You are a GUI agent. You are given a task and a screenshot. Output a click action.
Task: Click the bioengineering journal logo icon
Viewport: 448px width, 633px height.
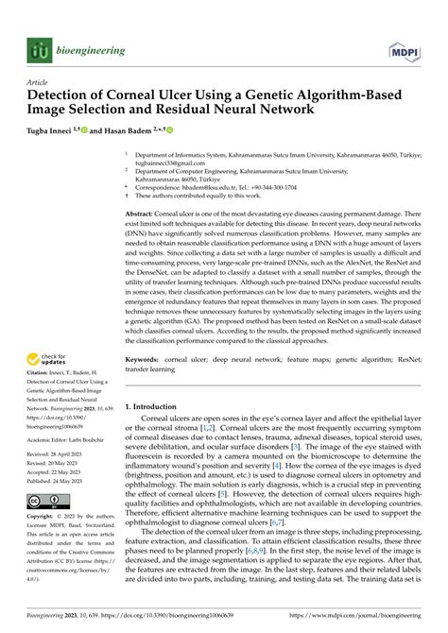38,50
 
